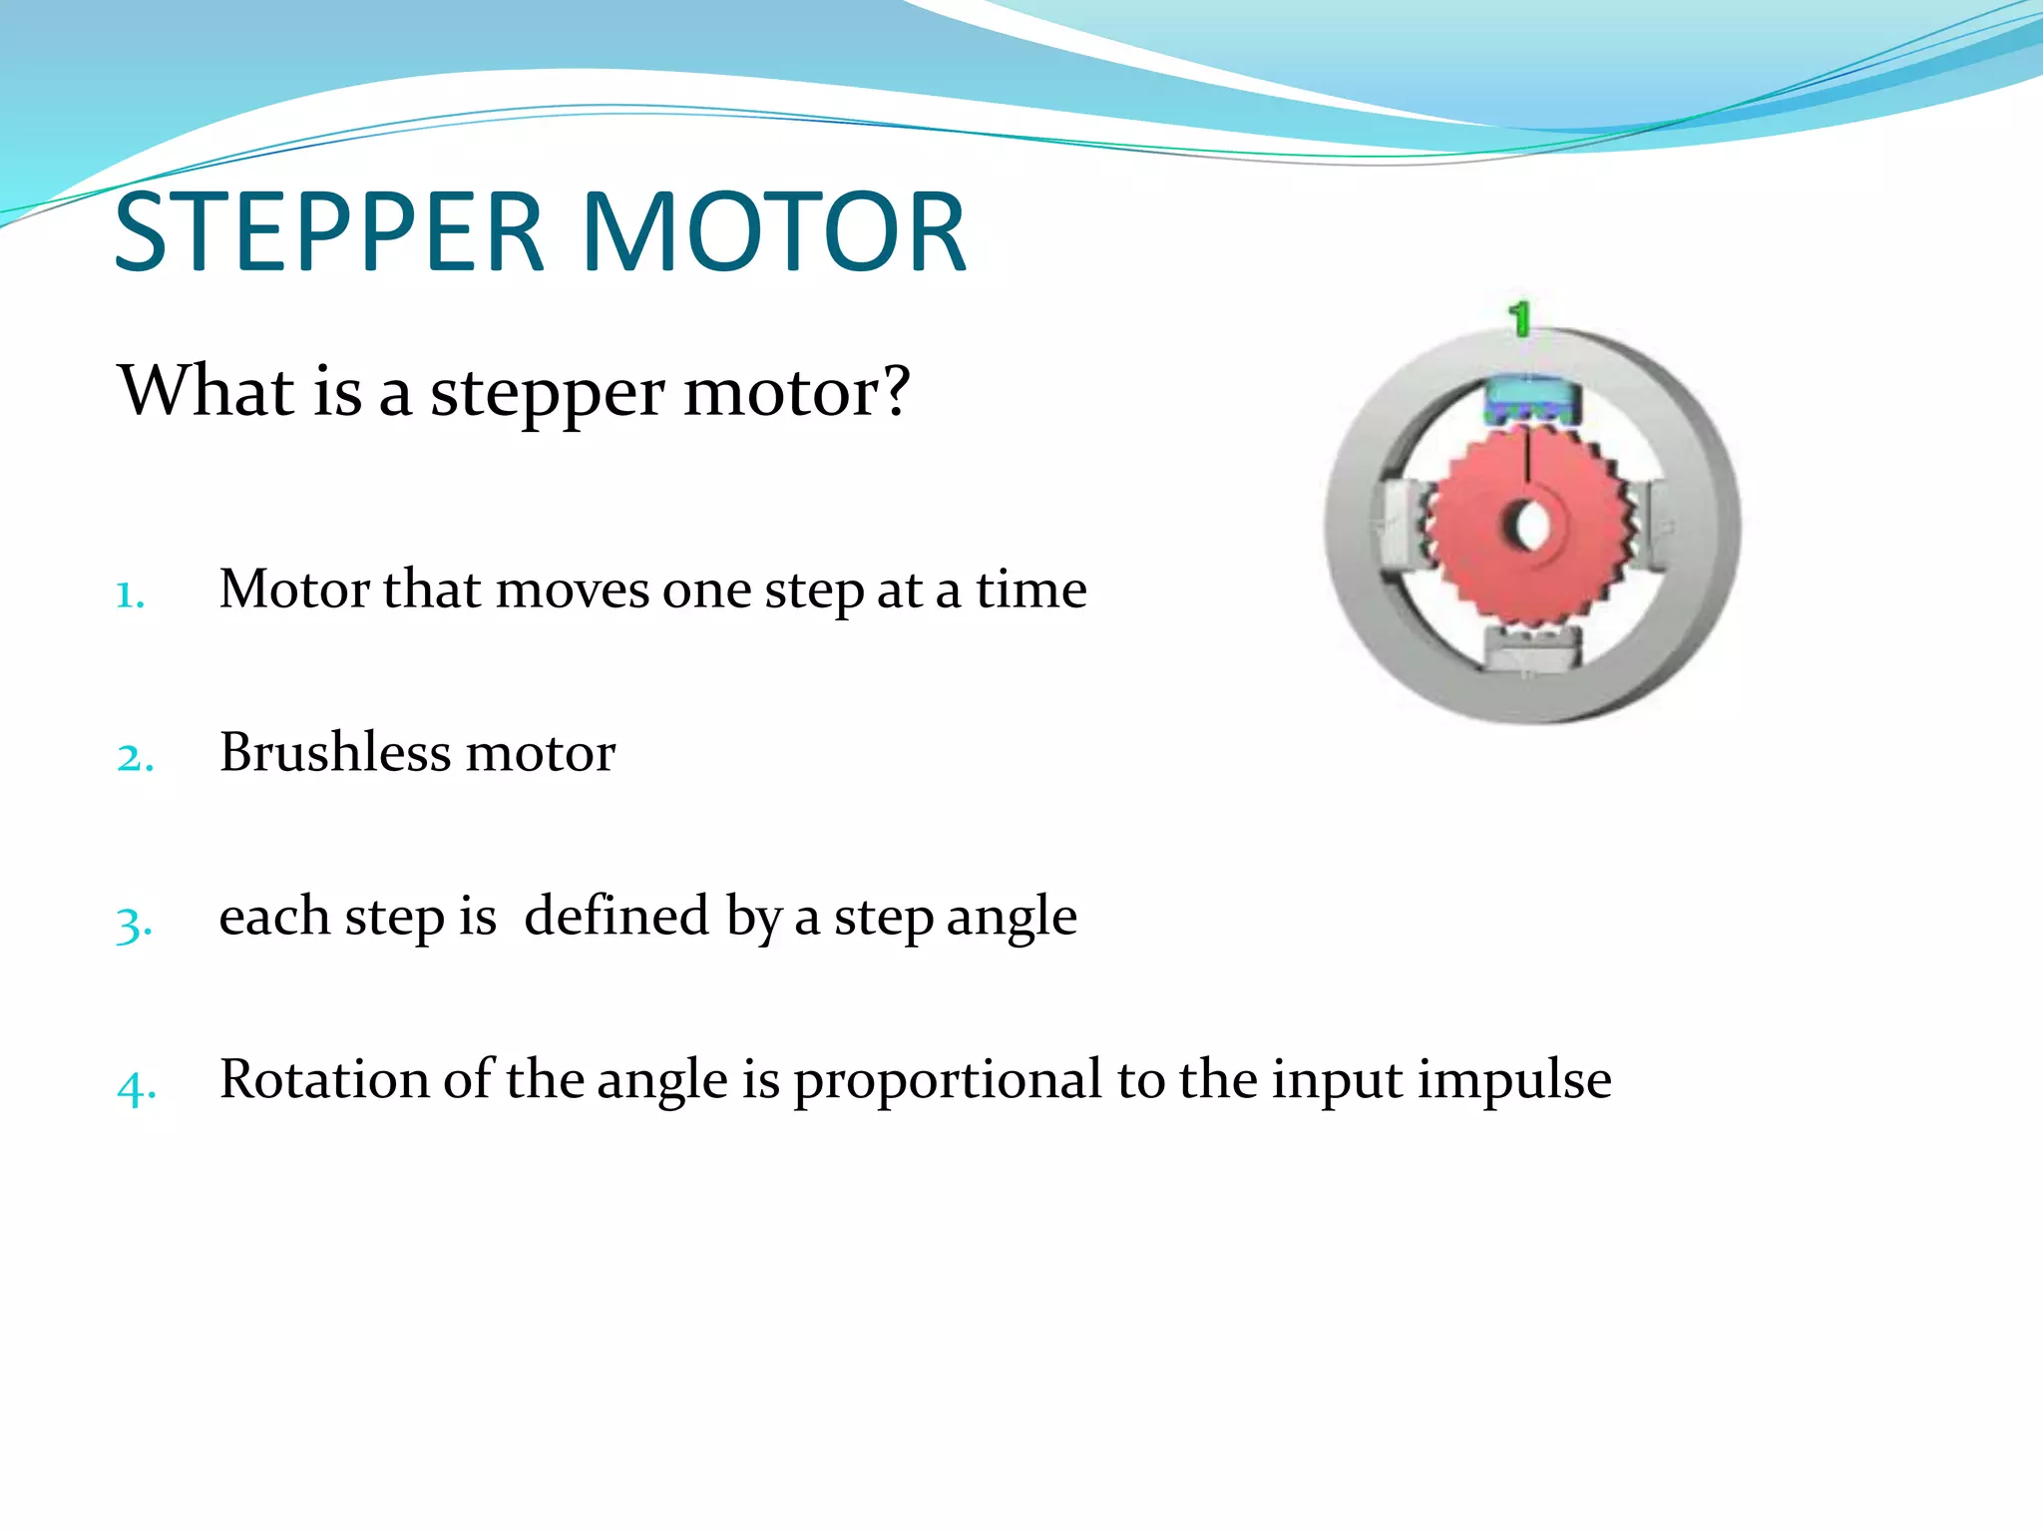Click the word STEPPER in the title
click(329, 233)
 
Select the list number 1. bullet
click(131, 595)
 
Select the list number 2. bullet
click(135, 758)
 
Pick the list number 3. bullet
click(134, 924)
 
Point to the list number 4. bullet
click(136, 1087)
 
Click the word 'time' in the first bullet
click(1030, 589)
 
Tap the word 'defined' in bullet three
click(616, 916)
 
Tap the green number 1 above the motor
click(1518, 320)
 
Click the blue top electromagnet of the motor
click(1531, 400)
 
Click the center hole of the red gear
click(1527, 526)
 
